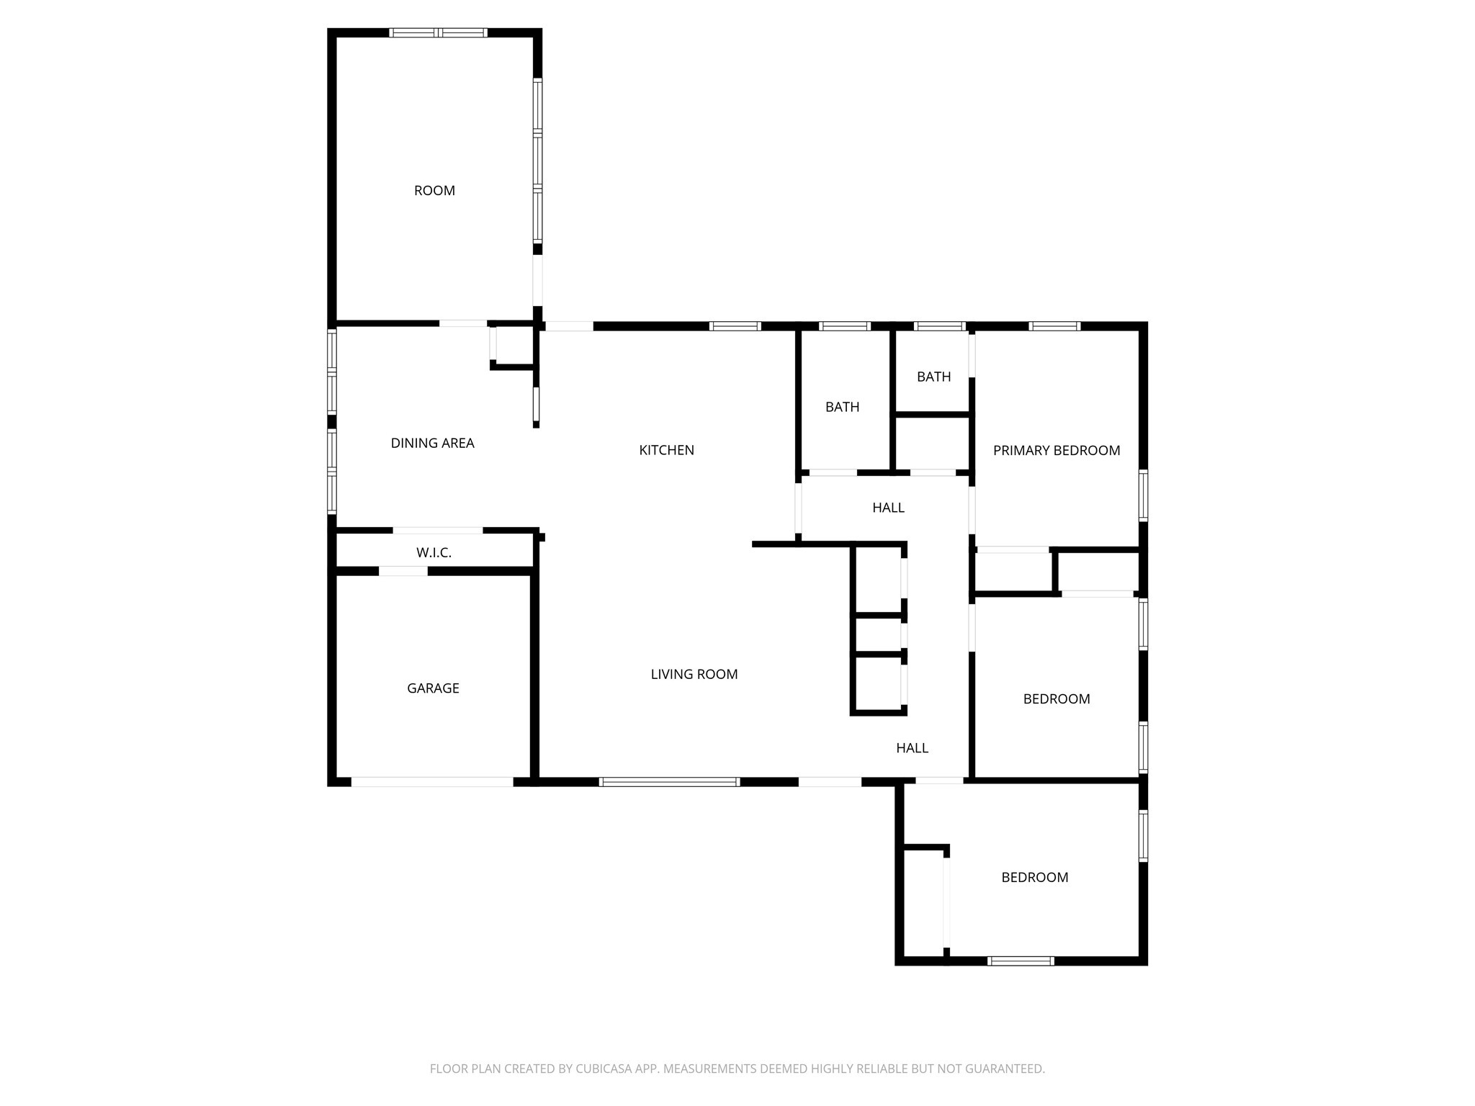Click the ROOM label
point(434,191)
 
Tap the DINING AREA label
point(432,444)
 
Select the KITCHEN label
point(666,450)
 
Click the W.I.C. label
point(434,553)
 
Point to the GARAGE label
point(433,688)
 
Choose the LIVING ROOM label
point(694,675)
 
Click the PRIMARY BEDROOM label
point(1056,451)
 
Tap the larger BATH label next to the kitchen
point(842,408)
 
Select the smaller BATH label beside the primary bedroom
point(933,377)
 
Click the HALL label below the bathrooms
point(888,508)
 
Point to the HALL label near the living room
point(912,748)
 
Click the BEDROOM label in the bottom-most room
point(1034,878)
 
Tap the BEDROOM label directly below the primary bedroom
point(1056,699)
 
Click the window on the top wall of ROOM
point(438,32)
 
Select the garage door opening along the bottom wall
point(432,782)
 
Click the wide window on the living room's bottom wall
point(669,782)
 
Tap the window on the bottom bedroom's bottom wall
point(1020,961)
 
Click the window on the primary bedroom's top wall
point(1054,326)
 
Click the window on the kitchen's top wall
point(735,326)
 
